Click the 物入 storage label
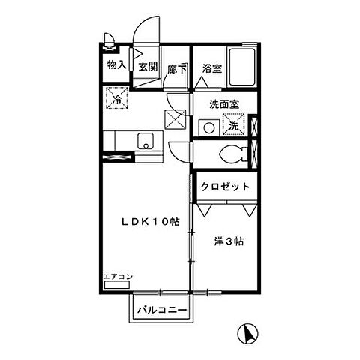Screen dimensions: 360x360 coord(116,65)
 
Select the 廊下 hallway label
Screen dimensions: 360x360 coord(178,67)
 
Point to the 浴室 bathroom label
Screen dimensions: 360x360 coord(211,68)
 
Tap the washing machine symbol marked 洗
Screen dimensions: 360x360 coord(235,124)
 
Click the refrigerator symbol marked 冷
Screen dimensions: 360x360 coord(118,97)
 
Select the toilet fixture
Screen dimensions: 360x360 coord(233,155)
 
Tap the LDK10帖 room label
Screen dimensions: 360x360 coord(145,222)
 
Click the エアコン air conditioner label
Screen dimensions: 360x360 coord(118,277)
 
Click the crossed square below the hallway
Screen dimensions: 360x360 coord(175,119)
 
